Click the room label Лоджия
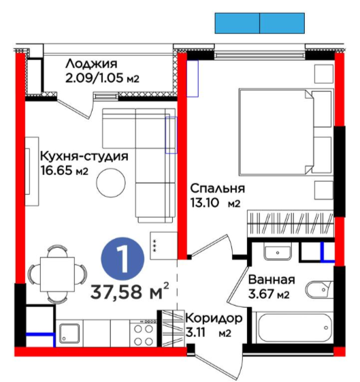point(91,64)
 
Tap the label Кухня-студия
point(84,156)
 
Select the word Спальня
point(217,189)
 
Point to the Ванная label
point(272,280)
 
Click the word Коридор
point(214,319)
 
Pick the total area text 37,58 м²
point(130,291)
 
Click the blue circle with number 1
point(122,259)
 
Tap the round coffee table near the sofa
point(111,182)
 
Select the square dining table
point(57,274)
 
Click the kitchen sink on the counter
point(69,333)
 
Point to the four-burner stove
point(144,333)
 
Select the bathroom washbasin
point(278,253)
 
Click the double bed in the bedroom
point(286,132)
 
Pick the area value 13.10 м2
point(215,203)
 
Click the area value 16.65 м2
point(64,170)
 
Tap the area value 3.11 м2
point(208,332)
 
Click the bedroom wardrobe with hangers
point(291,223)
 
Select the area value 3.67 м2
point(269,293)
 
